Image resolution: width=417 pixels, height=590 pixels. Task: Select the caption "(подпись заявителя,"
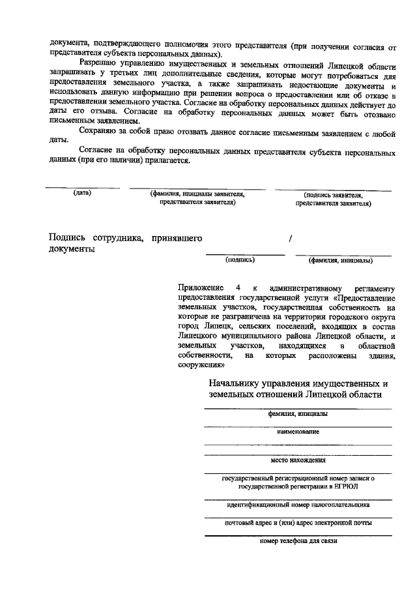click(x=333, y=194)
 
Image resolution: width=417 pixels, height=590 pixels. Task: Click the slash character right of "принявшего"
click(x=291, y=239)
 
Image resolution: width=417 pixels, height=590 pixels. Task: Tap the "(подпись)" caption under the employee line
click(x=240, y=259)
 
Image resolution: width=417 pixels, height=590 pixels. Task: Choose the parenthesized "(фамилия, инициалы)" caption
click(x=340, y=260)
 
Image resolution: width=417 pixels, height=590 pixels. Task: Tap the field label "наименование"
click(x=297, y=432)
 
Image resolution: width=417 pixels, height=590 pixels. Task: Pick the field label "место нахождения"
click(x=298, y=460)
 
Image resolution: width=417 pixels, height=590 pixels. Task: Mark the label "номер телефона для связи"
click(x=298, y=540)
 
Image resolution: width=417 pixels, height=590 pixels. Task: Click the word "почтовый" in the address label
click(x=238, y=522)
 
